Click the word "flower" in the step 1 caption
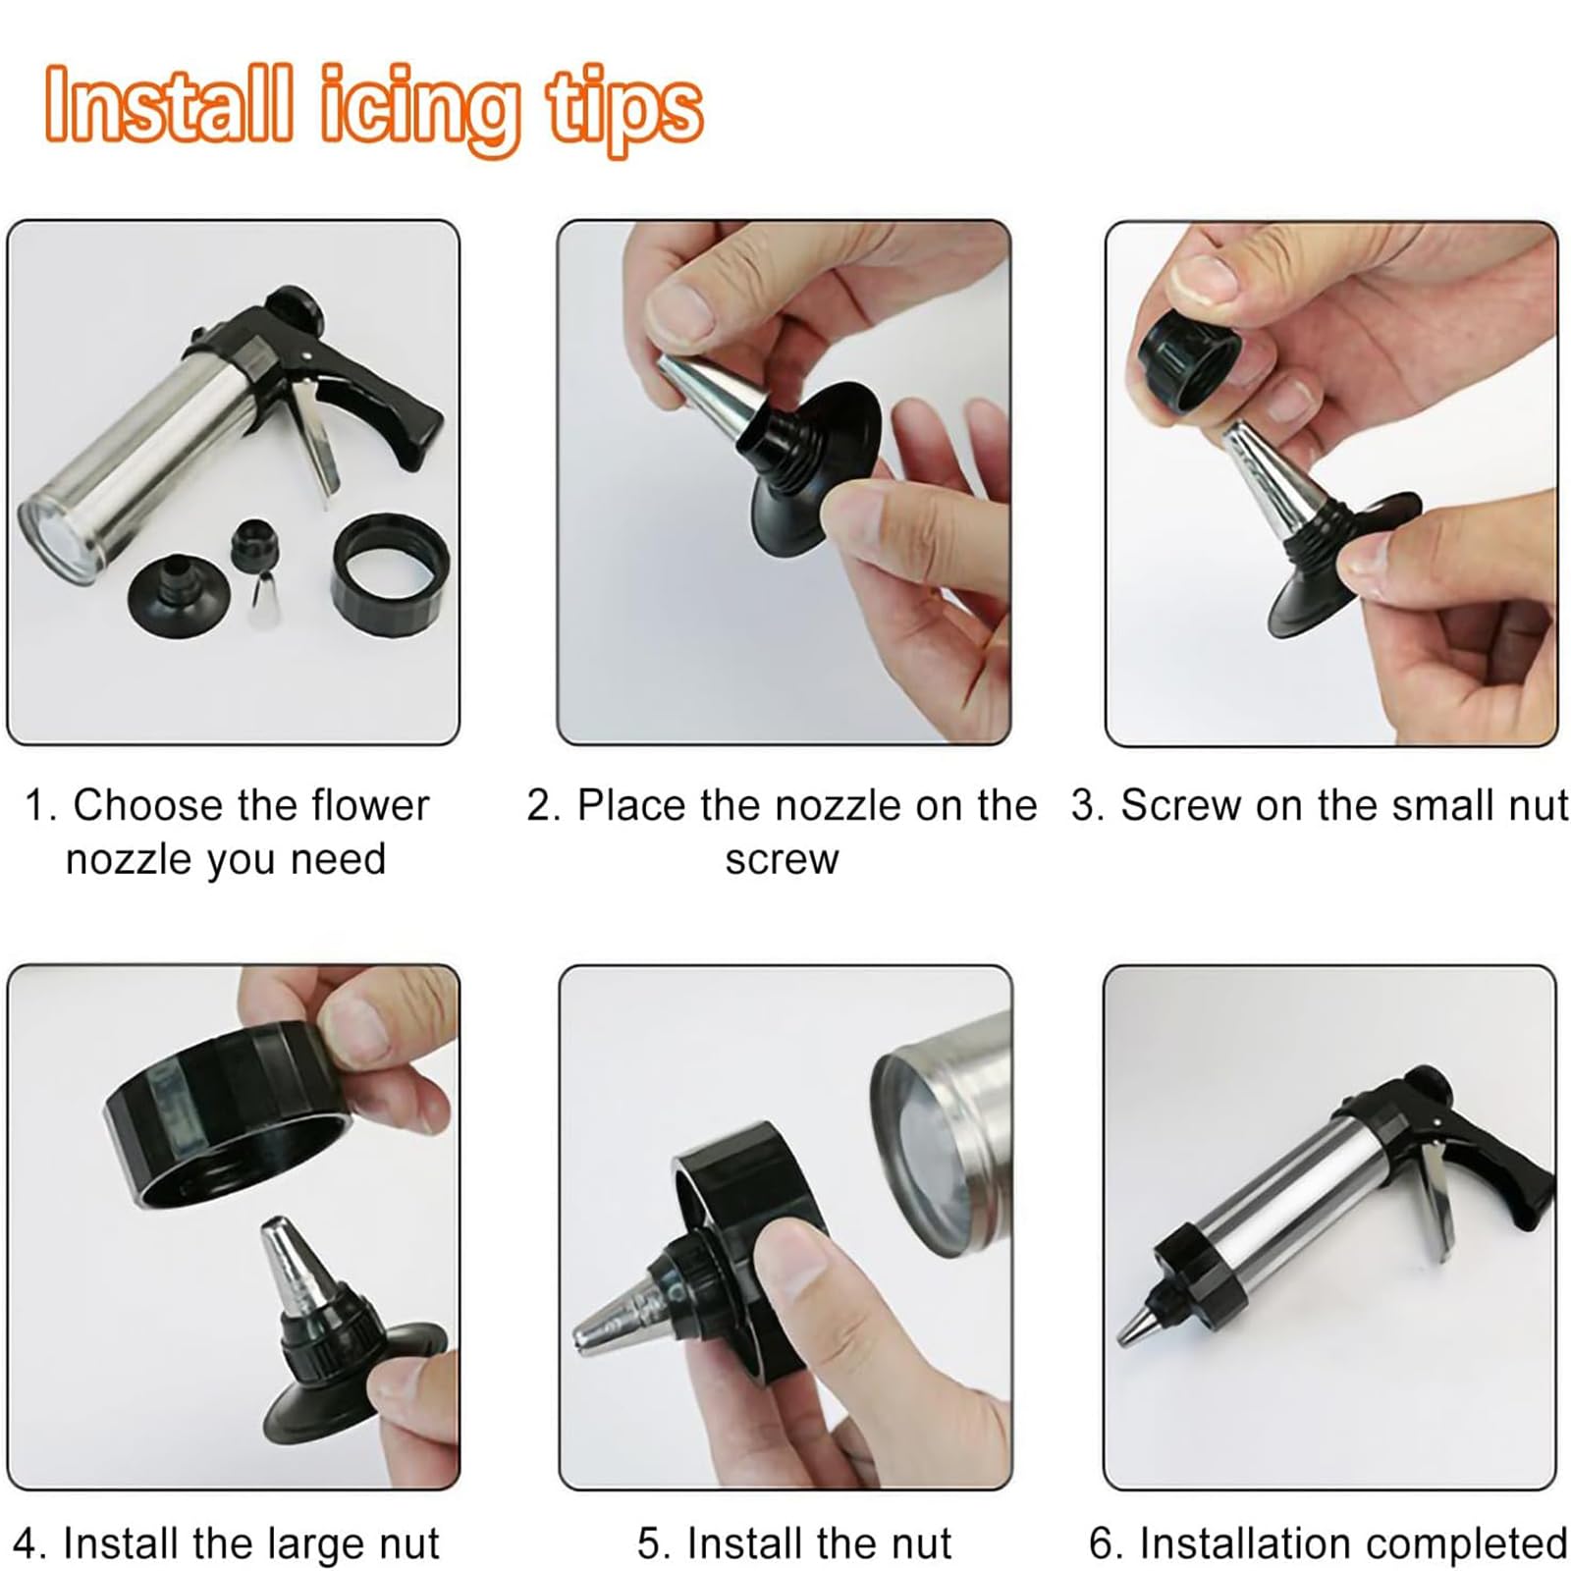[x=370, y=805]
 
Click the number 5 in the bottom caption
[x=649, y=1544]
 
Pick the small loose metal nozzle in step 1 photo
[x=262, y=601]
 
